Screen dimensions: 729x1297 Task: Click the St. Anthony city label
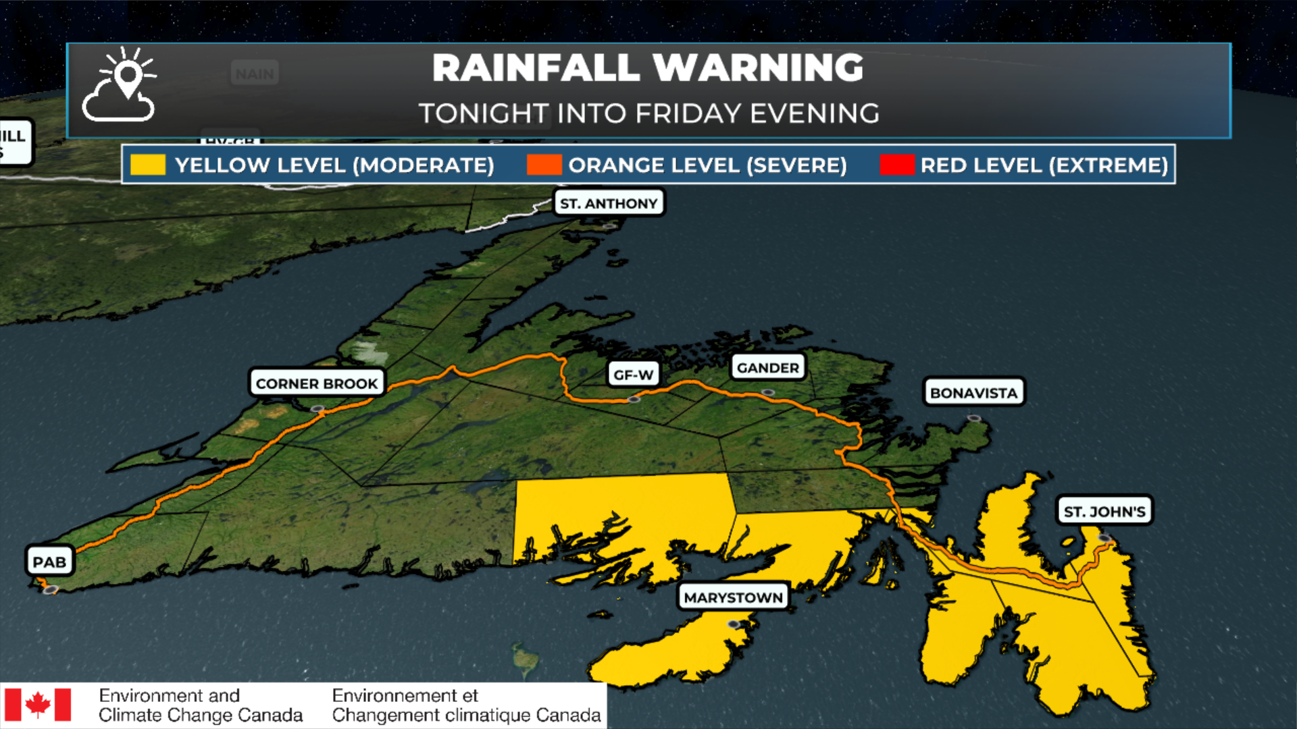click(609, 203)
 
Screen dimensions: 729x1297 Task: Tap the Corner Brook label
click(316, 383)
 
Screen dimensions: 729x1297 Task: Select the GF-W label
click(633, 375)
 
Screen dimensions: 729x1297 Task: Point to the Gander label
click(767, 368)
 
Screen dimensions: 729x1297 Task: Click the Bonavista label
click(973, 393)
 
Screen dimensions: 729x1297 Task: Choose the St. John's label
click(1104, 512)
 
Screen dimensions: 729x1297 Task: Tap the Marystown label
click(733, 597)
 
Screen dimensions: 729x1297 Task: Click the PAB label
click(49, 562)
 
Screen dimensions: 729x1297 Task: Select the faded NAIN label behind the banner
click(255, 74)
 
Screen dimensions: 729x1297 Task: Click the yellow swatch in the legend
click(148, 165)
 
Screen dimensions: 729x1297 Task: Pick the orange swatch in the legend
click(544, 165)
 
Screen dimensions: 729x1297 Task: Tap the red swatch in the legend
click(896, 165)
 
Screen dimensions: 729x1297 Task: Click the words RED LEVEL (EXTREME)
click(1044, 165)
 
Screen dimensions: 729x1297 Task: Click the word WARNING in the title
click(758, 67)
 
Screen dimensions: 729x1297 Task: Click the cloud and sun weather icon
click(120, 86)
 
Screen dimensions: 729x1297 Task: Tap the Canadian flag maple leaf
click(38, 705)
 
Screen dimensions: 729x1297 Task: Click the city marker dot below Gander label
click(767, 392)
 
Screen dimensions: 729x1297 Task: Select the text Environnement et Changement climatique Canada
click(466, 705)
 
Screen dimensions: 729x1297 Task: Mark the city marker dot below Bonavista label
click(973, 418)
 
